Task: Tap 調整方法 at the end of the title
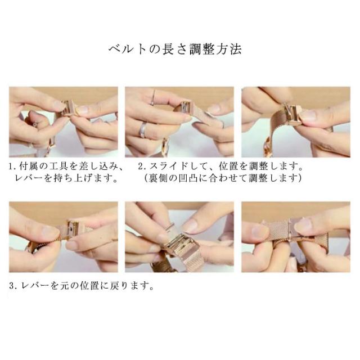[x=215, y=49]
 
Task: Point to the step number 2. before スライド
[x=141, y=166]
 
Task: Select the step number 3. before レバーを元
[x=12, y=286]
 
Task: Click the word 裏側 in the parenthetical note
[x=158, y=178]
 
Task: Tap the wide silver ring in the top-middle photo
[x=143, y=130]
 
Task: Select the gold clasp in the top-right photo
[x=291, y=114]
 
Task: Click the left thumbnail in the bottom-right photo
[x=260, y=231]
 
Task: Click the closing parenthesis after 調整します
[x=299, y=178]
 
